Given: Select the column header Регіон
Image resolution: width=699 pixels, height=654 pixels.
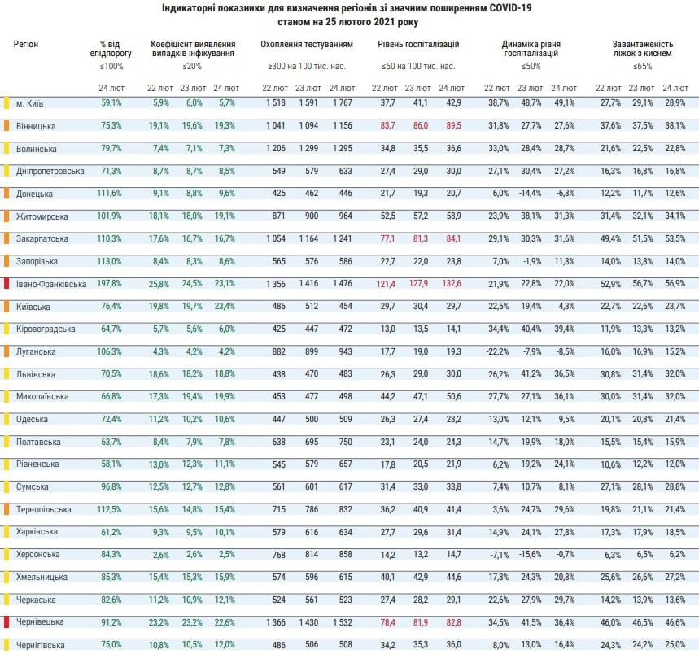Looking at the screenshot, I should pos(25,43).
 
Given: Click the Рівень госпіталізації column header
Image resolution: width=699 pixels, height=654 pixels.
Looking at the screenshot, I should pos(418,43).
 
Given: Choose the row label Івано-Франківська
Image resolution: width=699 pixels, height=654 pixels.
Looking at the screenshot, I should pos(50,284).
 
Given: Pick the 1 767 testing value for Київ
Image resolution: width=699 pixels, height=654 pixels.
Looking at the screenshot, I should pos(339,102).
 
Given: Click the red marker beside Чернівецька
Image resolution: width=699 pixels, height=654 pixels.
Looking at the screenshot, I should pos(7,622).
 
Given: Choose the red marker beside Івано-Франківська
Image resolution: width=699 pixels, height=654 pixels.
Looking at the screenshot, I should pos(7,284).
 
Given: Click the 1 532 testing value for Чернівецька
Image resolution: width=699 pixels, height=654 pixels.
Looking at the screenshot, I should pos(339,622).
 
